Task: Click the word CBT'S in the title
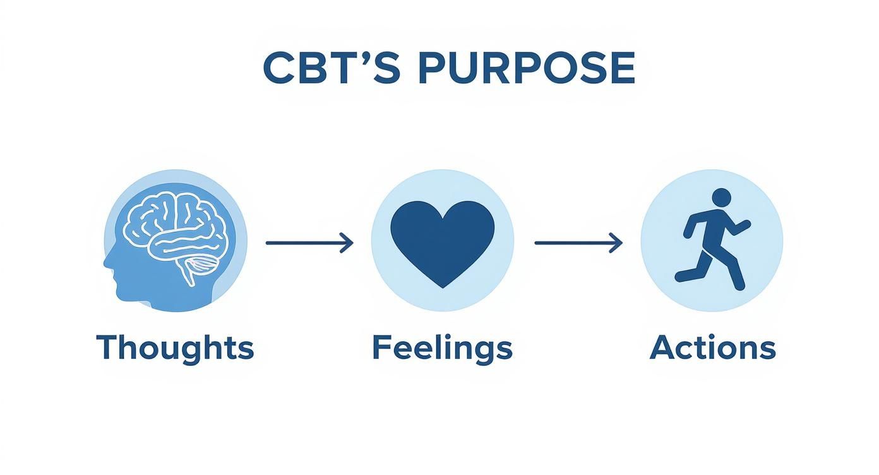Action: coord(332,68)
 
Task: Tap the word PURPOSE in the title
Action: coord(525,68)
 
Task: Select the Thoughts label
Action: coord(175,348)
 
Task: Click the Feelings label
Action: coord(442,348)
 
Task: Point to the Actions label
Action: coord(712,348)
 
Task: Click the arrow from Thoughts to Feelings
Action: coord(309,243)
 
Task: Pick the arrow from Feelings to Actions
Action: coord(578,243)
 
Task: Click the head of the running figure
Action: coord(721,198)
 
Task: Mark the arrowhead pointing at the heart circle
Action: coord(347,243)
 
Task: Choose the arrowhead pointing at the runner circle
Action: coord(617,243)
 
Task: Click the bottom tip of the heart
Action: coord(442,286)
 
